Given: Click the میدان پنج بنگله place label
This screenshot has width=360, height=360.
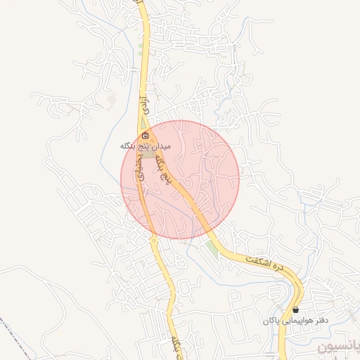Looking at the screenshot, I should tap(145, 146).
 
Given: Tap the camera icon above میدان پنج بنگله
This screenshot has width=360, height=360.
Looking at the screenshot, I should tap(145, 135).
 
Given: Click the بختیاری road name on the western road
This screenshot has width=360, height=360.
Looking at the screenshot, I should tap(141, 170).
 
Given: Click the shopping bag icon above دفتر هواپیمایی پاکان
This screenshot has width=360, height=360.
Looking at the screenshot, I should tap(295, 309).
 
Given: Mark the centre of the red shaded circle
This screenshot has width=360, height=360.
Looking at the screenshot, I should tap(180, 179).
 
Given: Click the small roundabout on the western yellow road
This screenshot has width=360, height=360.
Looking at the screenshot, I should tap(153, 240).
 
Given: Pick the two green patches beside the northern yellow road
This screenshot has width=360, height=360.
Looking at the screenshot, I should tap(141, 49).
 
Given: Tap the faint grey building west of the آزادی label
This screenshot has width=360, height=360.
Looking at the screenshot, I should tap(112, 103).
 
